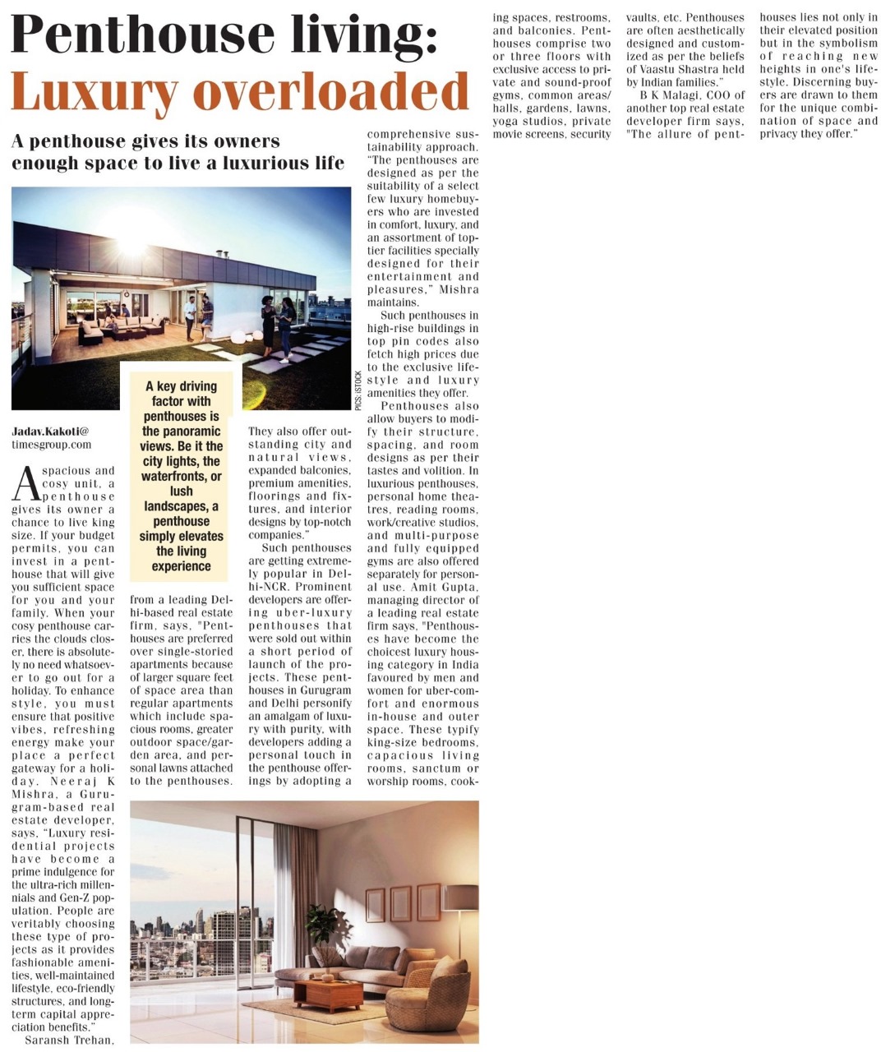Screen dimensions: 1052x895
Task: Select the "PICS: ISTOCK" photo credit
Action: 358,391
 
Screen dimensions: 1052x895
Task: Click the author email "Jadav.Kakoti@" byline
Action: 50,431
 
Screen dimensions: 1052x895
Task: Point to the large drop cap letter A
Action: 25,486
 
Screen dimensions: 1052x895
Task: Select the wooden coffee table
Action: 328,994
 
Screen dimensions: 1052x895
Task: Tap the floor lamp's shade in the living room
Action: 457,892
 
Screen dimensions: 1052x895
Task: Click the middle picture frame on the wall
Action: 401,903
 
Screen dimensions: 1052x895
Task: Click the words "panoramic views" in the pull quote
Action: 182,438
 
